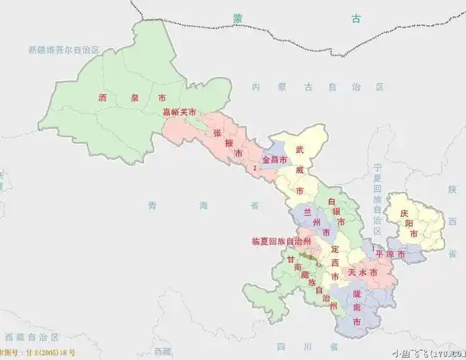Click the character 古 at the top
pyautogui.click(x=355, y=19)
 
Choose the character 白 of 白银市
pyautogui.click(x=332, y=201)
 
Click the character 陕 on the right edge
pyautogui.click(x=452, y=189)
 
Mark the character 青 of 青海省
pyautogui.click(x=152, y=206)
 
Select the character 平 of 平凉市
pyautogui.click(x=380, y=254)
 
